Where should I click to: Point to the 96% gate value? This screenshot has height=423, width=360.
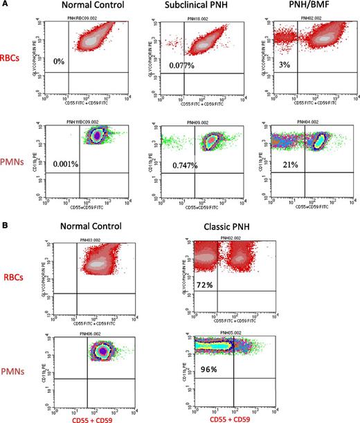(x=207, y=370)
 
